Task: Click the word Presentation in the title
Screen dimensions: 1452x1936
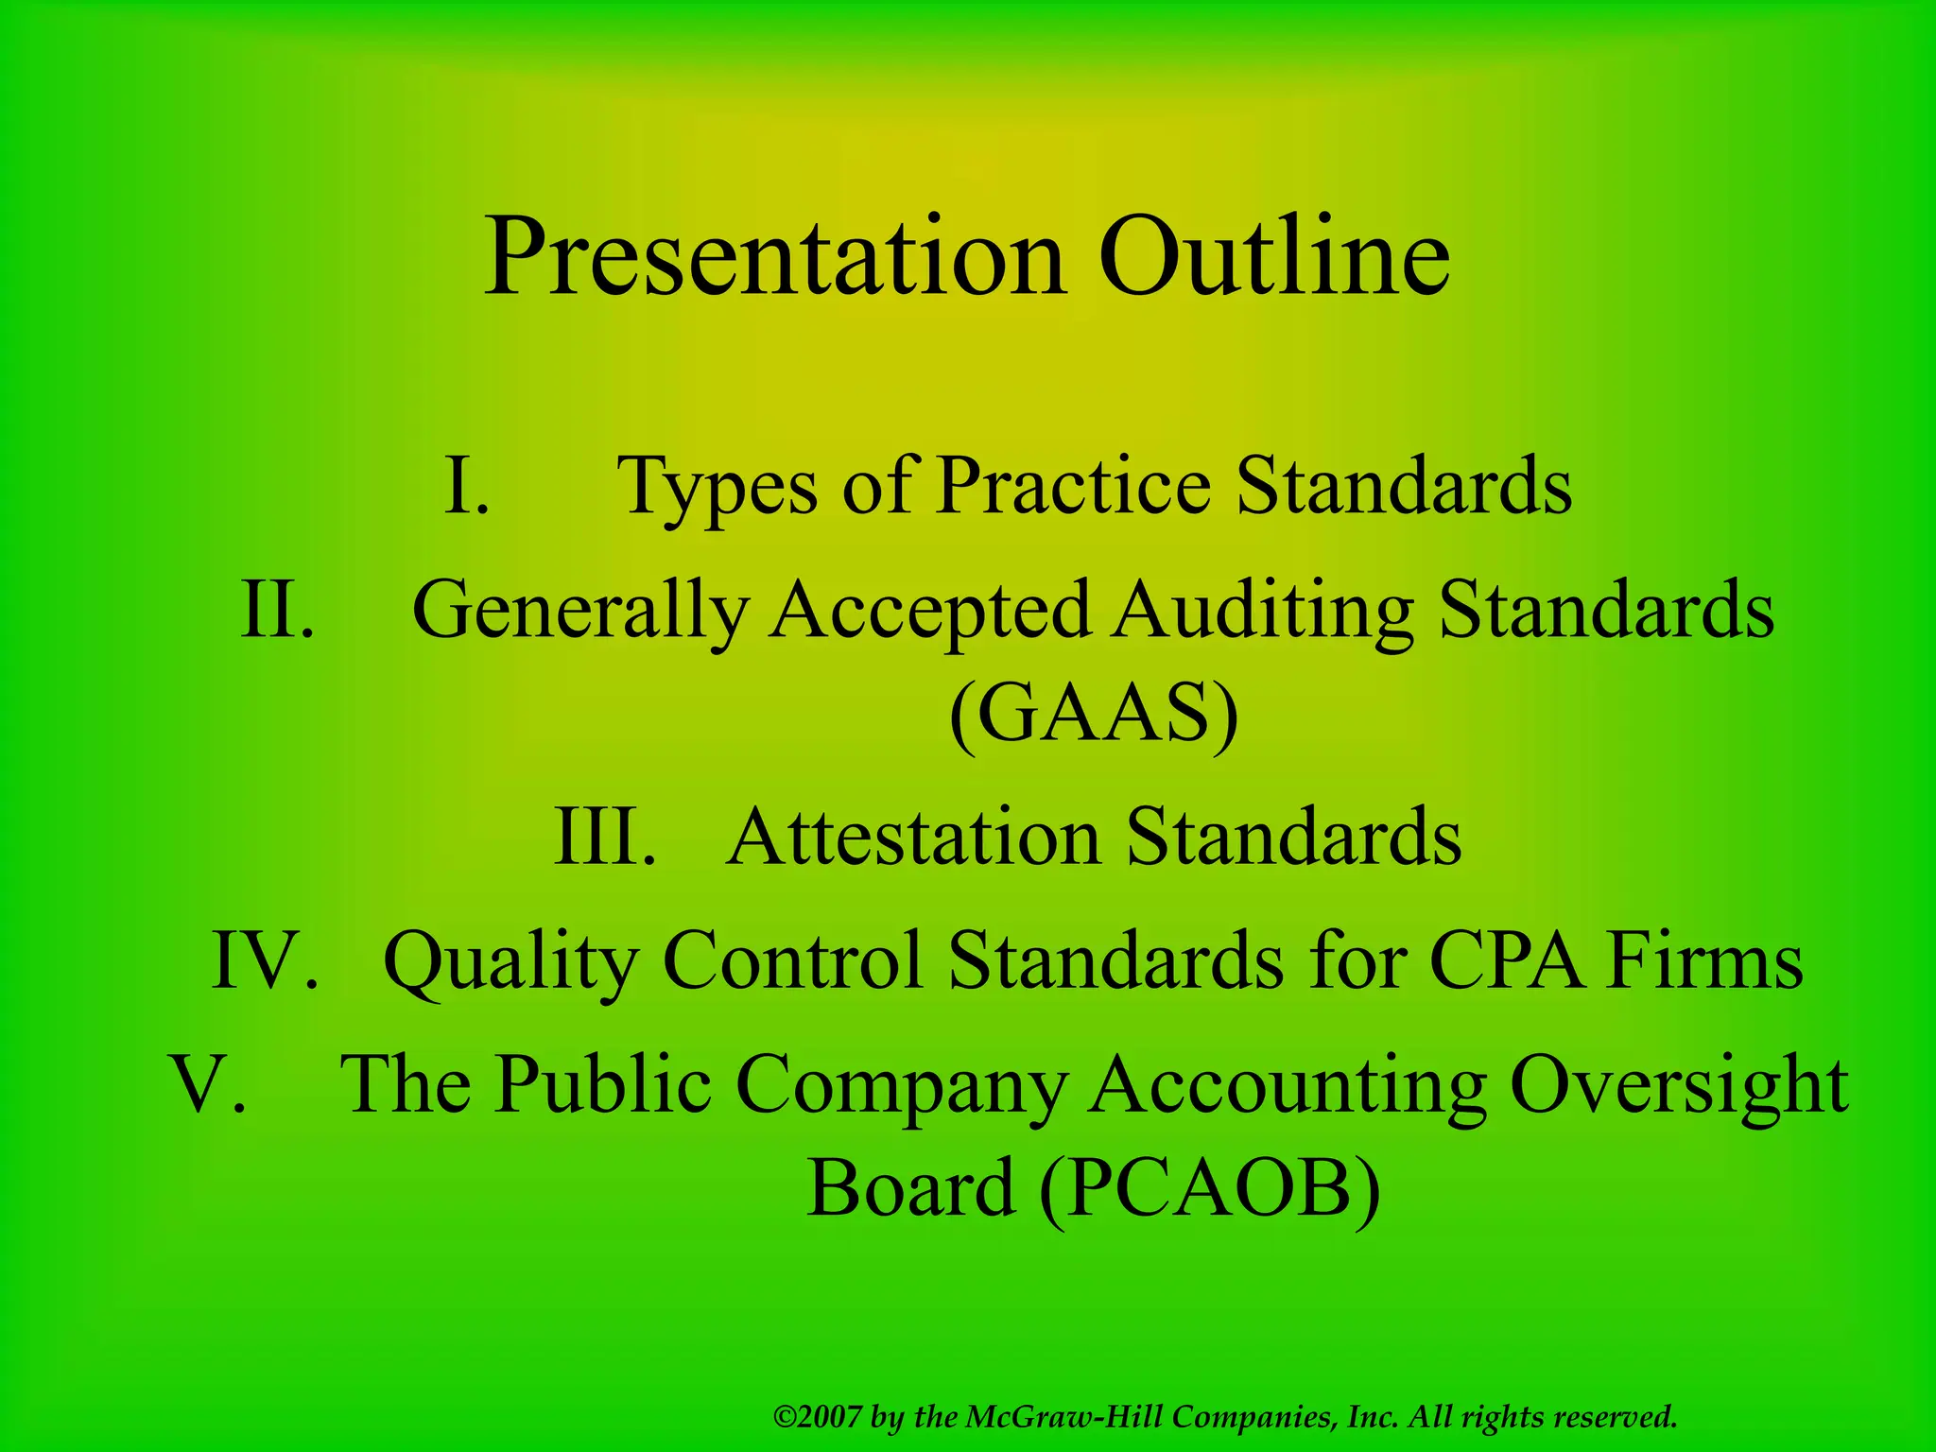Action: click(774, 257)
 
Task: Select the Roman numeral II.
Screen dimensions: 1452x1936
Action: click(277, 611)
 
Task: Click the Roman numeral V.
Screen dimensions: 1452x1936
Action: click(209, 1085)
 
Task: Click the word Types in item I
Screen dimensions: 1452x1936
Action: click(717, 488)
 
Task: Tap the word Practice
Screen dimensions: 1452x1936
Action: click(1073, 486)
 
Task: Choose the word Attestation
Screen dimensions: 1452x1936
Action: click(913, 837)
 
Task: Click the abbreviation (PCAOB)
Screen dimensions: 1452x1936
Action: click(1209, 1188)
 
